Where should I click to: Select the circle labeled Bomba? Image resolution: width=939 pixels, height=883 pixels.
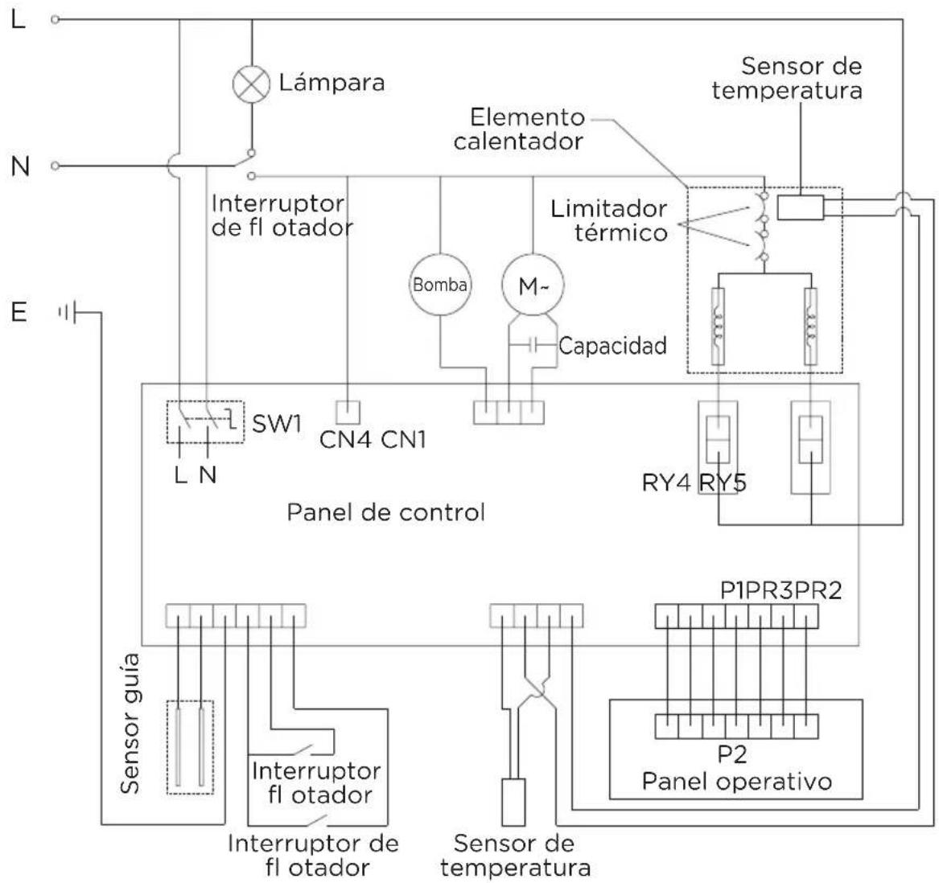440,285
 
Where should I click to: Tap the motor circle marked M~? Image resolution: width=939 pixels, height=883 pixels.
532,285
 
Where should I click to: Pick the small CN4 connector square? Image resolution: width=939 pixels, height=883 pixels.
348,413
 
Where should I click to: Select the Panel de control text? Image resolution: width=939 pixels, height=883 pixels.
385,512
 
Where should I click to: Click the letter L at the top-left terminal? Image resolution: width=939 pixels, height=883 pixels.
18,18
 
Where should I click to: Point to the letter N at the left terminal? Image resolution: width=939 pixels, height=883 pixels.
21,166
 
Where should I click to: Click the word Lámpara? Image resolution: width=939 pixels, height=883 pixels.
332,82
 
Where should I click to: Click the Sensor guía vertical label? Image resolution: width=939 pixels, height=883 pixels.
131,723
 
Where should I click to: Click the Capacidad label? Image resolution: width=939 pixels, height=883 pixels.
612,347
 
